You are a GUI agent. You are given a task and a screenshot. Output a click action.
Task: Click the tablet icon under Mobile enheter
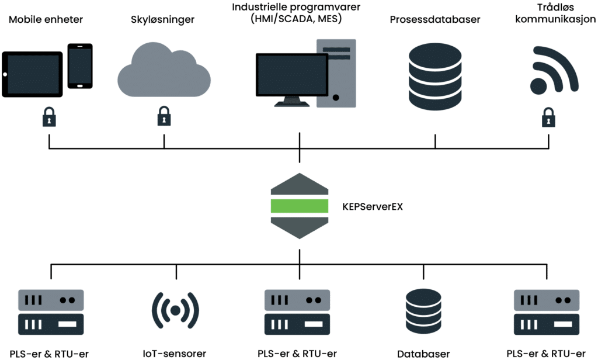click(x=32, y=74)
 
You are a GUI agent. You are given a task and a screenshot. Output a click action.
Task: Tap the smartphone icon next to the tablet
click(x=80, y=66)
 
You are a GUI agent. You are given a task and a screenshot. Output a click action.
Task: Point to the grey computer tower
click(x=336, y=73)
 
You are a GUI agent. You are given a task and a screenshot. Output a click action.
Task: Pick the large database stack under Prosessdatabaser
click(x=434, y=75)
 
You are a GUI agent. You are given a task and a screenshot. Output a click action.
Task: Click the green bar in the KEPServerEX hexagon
click(x=299, y=206)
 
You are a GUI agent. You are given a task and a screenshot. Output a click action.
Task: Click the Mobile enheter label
click(x=46, y=20)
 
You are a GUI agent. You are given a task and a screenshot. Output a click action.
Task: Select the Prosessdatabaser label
click(x=435, y=20)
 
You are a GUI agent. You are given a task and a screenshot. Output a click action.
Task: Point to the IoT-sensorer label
click(x=175, y=354)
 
